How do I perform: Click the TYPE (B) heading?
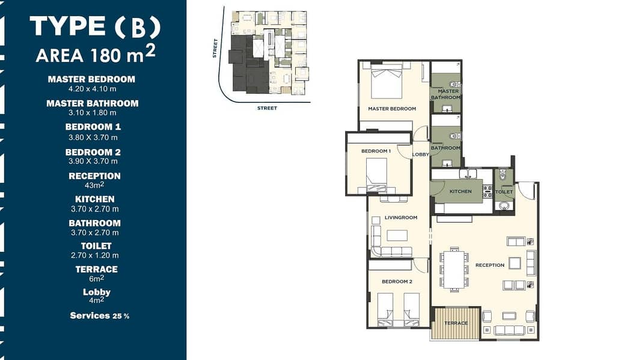pos(95,27)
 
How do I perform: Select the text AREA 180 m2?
pos(96,54)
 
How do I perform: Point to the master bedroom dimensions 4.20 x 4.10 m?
pos(93,89)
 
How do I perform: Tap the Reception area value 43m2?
pos(94,185)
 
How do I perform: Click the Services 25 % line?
pos(99,316)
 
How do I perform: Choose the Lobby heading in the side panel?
pos(97,292)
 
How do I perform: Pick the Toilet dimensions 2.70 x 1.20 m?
pos(94,255)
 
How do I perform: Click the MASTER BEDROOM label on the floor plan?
pos(392,109)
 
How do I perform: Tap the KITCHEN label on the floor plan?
pos(460,191)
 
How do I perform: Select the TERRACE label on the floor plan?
pos(456,323)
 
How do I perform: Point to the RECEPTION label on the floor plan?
pos(490,265)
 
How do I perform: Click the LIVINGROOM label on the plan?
pos(401,218)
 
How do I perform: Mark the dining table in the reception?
pos(454,270)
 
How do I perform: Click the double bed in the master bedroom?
pos(387,84)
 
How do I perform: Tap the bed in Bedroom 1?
pos(376,175)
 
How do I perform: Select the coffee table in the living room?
pos(397,235)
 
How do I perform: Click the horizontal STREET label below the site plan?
pos(268,108)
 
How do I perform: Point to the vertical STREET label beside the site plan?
pos(215,48)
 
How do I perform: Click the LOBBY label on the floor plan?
pos(421,154)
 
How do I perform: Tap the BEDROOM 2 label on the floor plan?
pos(397,282)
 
